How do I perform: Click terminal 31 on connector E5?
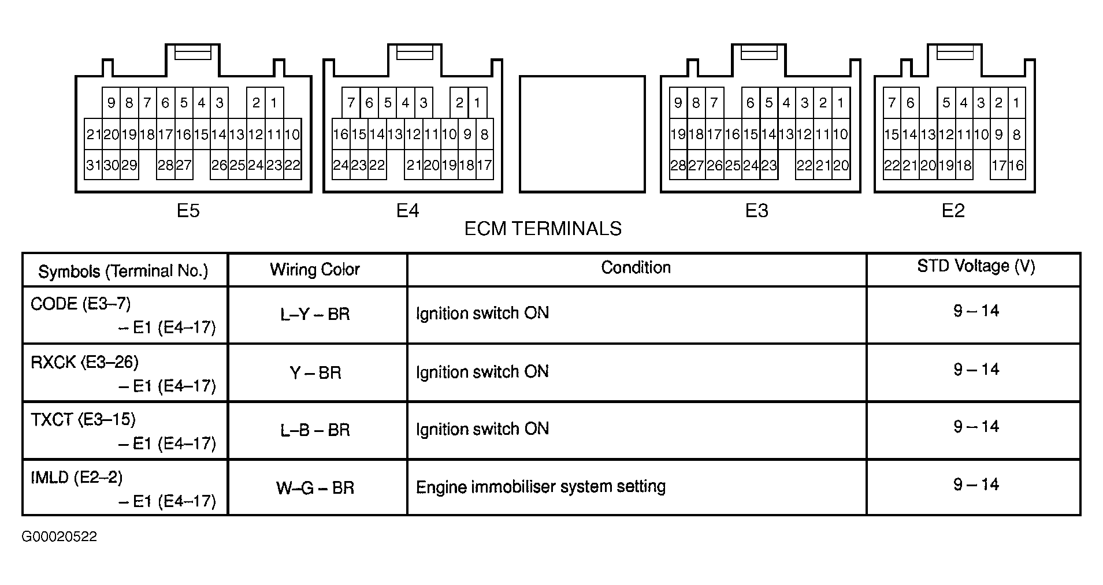tap(93, 165)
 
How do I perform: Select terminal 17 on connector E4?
tap(484, 165)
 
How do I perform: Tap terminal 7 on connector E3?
tap(715, 103)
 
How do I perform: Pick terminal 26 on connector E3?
tap(715, 165)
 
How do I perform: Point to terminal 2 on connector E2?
tap(998, 103)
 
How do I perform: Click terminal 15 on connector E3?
tap(751, 135)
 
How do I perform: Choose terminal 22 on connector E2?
tap(892, 165)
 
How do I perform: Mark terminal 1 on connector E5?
tap(274, 103)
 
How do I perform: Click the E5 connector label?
tap(188, 211)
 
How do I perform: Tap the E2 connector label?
tap(953, 211)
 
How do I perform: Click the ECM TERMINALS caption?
tap(543, 229)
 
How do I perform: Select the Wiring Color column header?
tap(315, 269)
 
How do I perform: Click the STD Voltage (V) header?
tap(976, 266)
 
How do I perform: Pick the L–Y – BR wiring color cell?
tap(315, 315)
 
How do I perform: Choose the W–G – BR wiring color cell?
tap(315, 488)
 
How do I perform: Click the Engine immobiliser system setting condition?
tap(541, 487)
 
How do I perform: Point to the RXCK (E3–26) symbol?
tap(84, 362)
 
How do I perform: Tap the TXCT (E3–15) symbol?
tap(83, 419)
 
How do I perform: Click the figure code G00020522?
tap(60, 536)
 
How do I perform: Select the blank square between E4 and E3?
tap(582, 134)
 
